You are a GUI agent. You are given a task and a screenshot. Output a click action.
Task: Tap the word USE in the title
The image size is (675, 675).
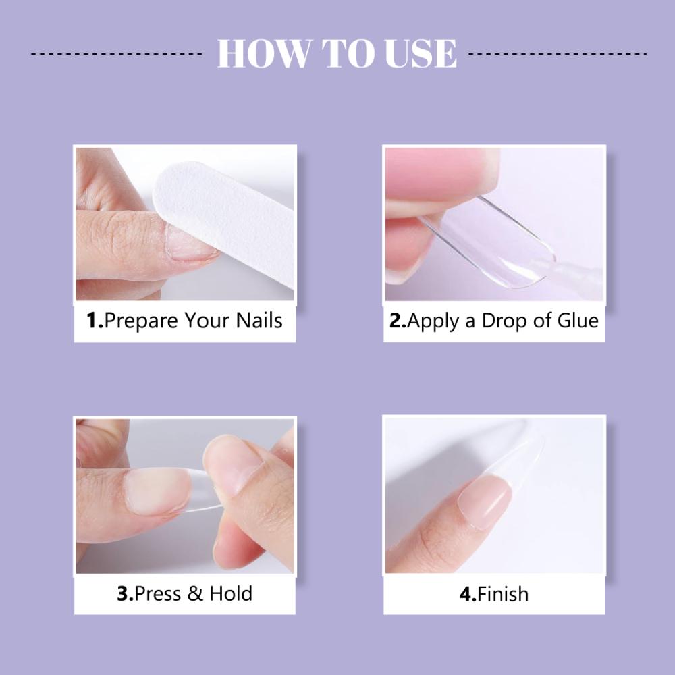tap(421, 53)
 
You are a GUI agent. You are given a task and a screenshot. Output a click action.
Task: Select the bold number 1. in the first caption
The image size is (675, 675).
tap(95, 321)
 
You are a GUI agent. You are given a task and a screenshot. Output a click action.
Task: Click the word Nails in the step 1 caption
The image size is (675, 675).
tap(259, 321)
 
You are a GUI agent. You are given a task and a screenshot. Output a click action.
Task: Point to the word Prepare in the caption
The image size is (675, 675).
tap(141, 321)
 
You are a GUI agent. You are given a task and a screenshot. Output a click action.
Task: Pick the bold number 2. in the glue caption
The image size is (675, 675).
tap(398, 321)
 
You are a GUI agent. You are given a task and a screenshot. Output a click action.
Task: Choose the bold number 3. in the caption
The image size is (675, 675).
tap(126, 593)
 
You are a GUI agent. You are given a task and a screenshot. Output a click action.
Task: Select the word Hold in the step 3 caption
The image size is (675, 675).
tap(231, 593)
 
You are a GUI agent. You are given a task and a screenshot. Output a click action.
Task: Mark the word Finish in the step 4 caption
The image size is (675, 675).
tap(503, 594)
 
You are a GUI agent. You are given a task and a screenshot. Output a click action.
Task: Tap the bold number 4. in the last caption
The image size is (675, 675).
tap(468, 594)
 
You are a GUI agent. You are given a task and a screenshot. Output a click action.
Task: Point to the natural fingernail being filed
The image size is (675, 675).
tap(190, 243)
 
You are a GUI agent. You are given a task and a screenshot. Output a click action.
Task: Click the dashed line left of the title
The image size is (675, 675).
tap(117, 54)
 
